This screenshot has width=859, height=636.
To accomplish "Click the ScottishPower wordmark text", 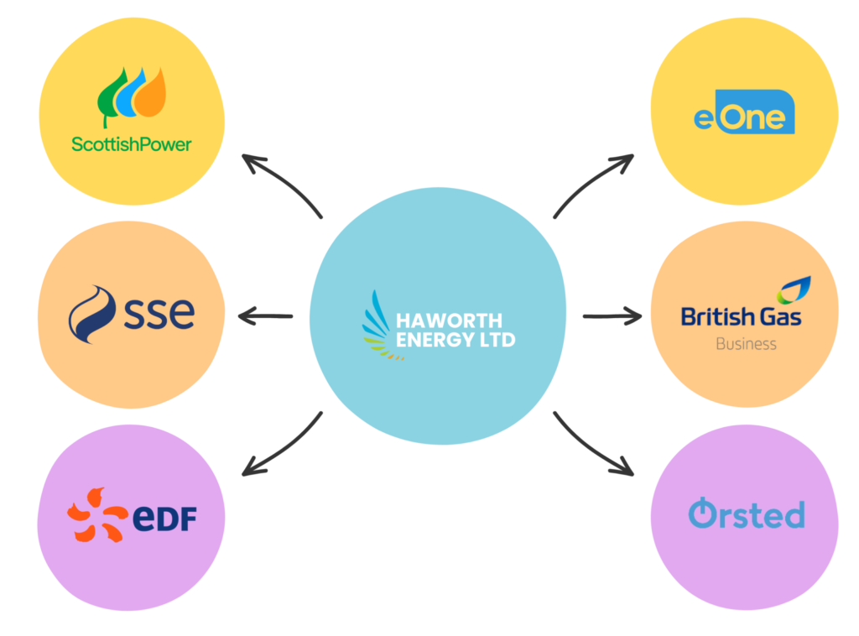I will tap(131, 143).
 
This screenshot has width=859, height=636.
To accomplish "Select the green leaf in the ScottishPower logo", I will tap(111, 99).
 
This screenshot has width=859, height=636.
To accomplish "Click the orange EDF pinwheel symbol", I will tap(97, 513).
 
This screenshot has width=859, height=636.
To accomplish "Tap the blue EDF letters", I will tap(165, 519).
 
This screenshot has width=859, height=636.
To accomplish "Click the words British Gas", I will tap(741, 316).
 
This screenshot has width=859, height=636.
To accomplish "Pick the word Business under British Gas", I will tap(746, 343).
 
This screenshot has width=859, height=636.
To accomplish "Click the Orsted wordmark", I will tap(746, 513).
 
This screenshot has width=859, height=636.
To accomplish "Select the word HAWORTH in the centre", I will tap(450, 321).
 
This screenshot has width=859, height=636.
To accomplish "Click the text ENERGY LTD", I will tap(456, 340).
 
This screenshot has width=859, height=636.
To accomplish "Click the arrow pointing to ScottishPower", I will tap(280, 180).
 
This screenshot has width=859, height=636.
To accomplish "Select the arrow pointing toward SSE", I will tap(265, 316).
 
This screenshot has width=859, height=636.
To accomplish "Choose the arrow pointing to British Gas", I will tap(612, 316).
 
